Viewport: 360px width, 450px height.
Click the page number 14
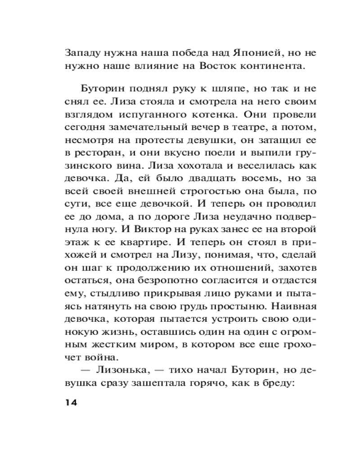(71, 402)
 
